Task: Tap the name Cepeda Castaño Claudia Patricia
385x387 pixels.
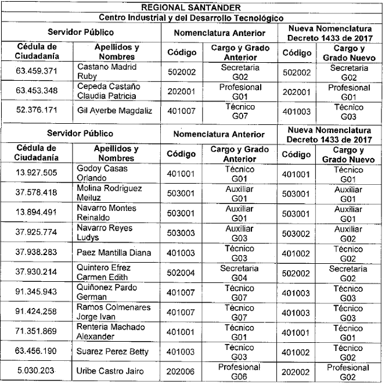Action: pyautogui.click(x=108, y=91)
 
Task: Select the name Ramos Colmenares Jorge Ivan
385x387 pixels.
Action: pyautogui.click(x=113, y=311)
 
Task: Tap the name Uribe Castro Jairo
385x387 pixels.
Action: pyautogui.click(x=110, y=371)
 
